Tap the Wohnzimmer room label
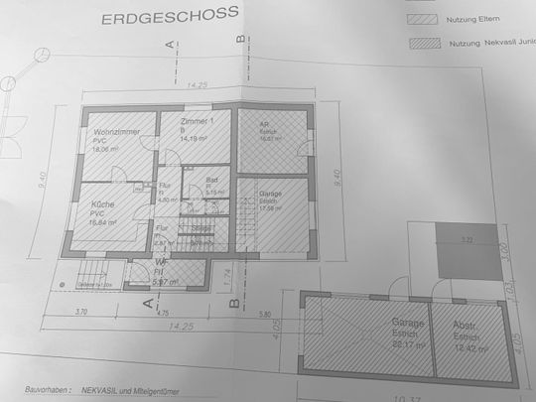[115, 132]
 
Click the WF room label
[160, 264]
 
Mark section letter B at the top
[241, 38]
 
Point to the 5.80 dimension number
[265, 314]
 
